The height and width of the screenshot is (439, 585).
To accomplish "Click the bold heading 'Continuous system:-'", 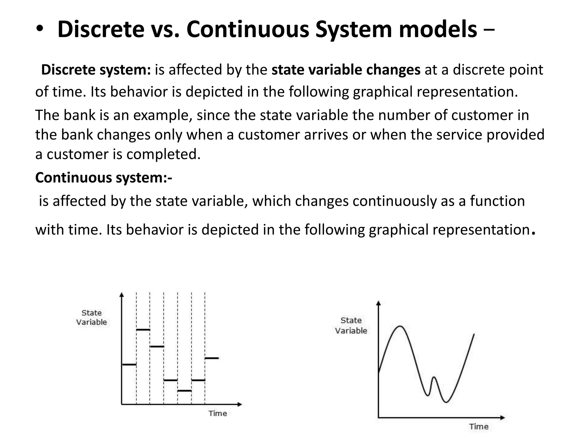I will (104, 177).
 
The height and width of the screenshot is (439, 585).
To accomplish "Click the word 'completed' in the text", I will (163, 154).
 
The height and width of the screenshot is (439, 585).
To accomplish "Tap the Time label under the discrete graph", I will (218, 413).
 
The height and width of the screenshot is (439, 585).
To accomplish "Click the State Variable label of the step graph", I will (91, 318).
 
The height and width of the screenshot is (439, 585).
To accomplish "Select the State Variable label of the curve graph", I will (351, 326).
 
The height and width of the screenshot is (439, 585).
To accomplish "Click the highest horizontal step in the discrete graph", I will (143, 330).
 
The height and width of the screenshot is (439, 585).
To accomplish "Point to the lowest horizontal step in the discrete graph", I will (184, 390).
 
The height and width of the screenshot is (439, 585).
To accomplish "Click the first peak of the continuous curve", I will (400, 326).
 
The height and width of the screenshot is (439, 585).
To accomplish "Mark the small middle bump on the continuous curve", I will (434, 378).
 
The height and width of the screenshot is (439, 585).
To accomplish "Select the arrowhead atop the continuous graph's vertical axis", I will (379, 304).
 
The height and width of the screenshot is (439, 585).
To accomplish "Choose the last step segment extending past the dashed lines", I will (212, 358).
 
